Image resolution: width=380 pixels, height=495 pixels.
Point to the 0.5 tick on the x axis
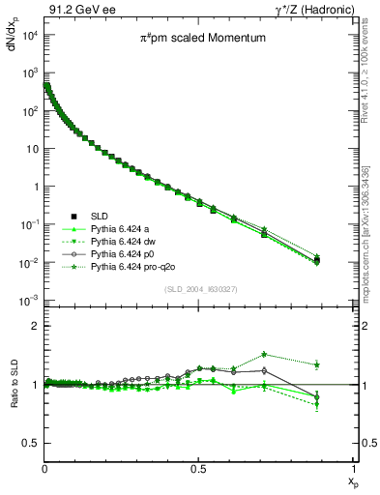click(198, 467)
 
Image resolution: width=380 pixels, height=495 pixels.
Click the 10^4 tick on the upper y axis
click(30, 35)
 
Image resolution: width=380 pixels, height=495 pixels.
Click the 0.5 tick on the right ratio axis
click(363, 443)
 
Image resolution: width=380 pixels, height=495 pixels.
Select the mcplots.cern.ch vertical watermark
click(371, 232)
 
